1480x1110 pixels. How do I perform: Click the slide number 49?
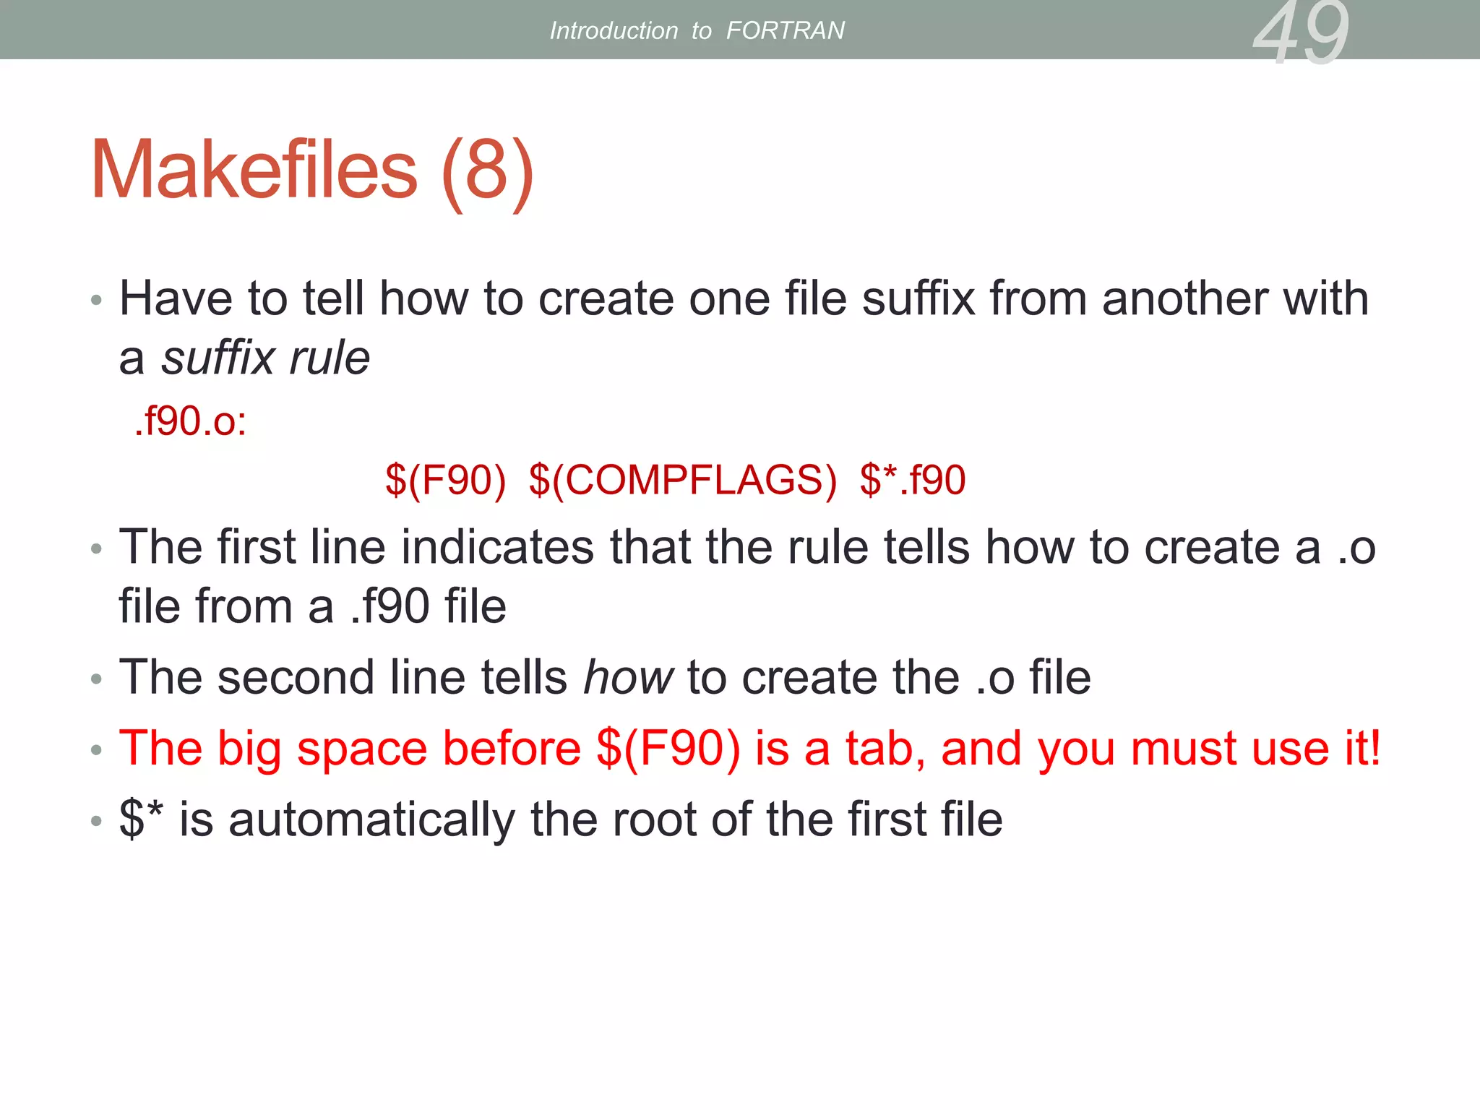[x=1301, y=33]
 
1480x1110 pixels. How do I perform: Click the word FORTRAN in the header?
[x=785, y=30]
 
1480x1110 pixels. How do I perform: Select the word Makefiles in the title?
[x=254, y=171]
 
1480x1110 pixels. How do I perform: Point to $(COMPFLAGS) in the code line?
[x=682, y=480]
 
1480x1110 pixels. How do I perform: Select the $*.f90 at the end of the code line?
[x=913, y=480]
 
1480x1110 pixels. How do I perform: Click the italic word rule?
[x=330, y=358]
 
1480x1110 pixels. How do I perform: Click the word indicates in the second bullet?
[x=497, y=547]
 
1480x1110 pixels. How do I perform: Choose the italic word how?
[x=628, y=677]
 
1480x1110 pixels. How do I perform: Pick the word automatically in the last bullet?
[x=372, y=819]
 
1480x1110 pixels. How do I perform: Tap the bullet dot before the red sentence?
[x=97, y=752]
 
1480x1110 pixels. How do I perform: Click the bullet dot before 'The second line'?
[x=97, y=680]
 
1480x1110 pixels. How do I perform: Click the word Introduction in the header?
[x=614, y=30]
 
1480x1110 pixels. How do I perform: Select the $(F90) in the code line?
[x=445, y=480]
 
